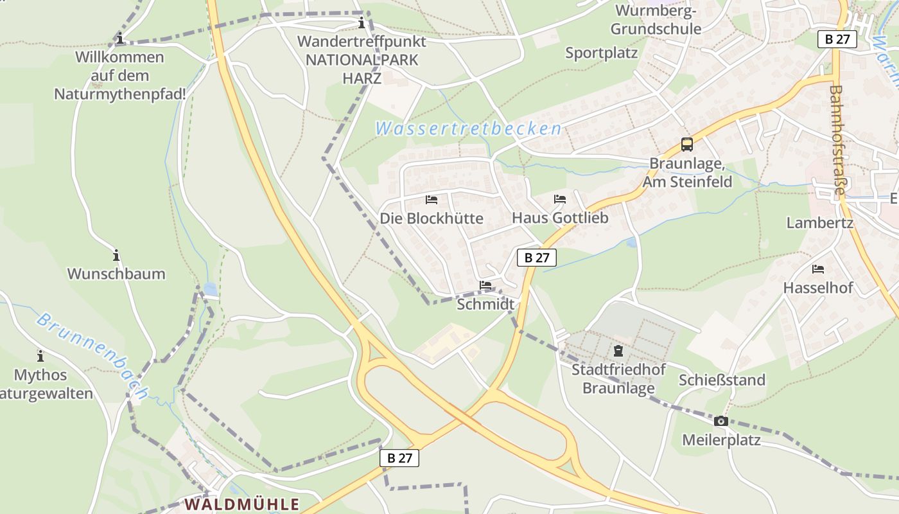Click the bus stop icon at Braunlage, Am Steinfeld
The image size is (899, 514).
(x=687, y=145)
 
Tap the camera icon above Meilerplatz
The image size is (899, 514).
(x=721, y=421)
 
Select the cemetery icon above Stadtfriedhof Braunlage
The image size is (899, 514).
(x=618, y=351)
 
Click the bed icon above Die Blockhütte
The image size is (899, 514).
(x=432, y=200)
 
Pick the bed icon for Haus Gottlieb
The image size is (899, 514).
(x=560, y=200)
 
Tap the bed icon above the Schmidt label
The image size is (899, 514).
(x=485, y=285)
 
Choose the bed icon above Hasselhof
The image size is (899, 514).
(x=818, y=269)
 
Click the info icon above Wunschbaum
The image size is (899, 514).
(x=116, y=255)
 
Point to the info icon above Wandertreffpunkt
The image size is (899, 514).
(x=362, y=24)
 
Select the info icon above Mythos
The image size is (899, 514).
(x=40, y=356)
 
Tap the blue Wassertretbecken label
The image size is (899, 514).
(x=468, y=128)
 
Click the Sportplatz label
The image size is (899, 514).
(x=601, y=53)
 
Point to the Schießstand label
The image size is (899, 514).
(x=722, y=380)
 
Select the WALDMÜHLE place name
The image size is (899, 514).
(x=242, y=504)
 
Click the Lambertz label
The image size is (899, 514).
(x=820, y=223)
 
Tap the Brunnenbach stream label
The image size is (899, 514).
(x=92, y=355)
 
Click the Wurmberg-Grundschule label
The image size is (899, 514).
(x=656, y=20)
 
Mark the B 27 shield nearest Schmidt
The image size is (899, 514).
(x=537, y=258)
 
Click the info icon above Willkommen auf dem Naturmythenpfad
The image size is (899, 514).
(x=120, y=39)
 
